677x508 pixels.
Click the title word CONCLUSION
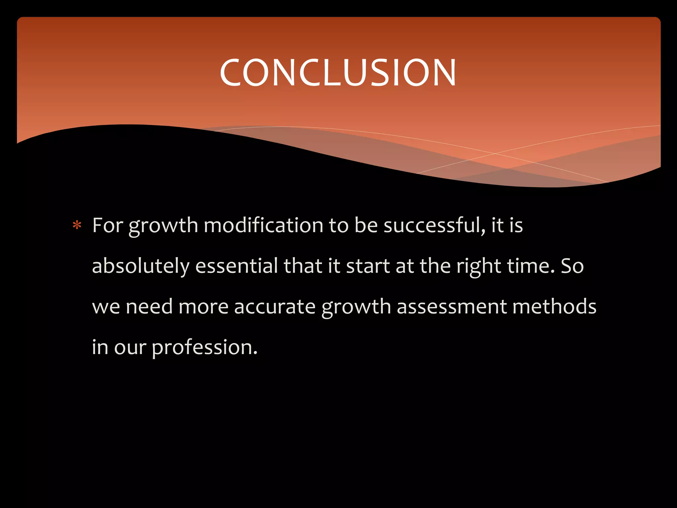click(x=338, y=73)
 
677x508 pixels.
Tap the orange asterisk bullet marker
click(x=77, y=226)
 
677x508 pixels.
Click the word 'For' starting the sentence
click(x=108, y=226)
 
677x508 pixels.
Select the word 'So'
click(x=572, y=266)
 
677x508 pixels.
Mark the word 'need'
click(x=149, y=307)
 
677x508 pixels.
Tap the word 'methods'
click(x=554, y=307)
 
